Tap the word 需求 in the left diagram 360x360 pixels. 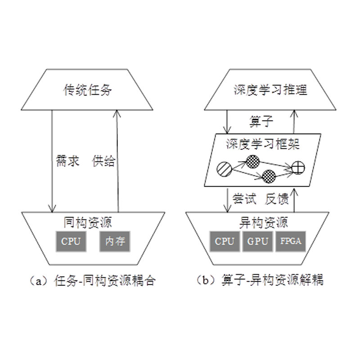coord(68,161)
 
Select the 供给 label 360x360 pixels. coord(103,161)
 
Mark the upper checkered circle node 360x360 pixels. coord(253,160)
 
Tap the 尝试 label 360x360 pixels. coord(244,198)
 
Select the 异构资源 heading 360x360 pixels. coord(262,222)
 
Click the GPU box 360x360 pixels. coord(257,241)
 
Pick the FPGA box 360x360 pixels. coord(290,241)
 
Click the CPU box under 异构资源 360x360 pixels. coord(225,241)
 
